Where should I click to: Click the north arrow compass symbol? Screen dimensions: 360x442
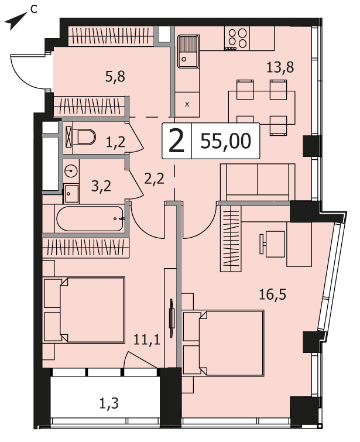[14, 23]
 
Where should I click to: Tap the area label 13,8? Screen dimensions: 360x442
[280, 67]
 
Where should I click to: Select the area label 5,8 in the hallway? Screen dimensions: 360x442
[115, 76]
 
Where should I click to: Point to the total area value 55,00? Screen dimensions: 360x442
[225, 141]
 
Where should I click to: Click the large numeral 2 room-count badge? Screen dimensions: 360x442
[176, 140]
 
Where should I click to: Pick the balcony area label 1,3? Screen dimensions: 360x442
[109, 404]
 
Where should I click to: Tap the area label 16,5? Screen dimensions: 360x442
[272, 294]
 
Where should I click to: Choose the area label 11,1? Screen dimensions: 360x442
[146, 340]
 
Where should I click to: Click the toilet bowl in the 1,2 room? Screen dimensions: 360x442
[84, 137]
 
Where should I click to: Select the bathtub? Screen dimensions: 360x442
[90, 219]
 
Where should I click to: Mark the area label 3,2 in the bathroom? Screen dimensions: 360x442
[101, 186]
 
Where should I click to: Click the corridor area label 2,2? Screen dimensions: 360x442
[154, 179]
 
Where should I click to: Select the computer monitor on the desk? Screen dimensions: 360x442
[263, 243]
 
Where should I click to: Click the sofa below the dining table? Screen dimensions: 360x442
[258, 183]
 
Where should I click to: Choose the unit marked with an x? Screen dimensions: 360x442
[187, 105]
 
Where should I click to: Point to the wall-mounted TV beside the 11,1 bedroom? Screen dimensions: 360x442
[172, 318]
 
